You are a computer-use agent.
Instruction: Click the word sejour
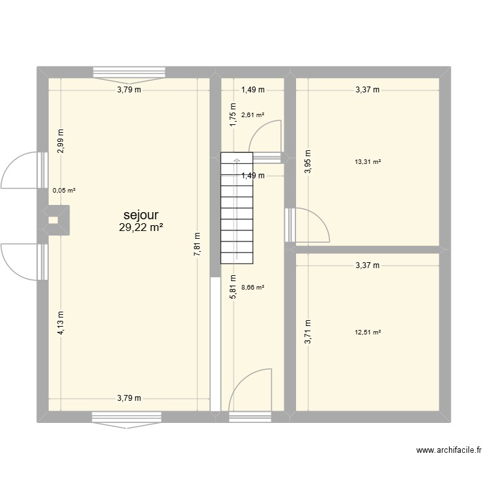coord(141,215)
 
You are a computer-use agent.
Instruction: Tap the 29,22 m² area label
coord(141,228)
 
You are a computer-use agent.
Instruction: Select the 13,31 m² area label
coord(368,162)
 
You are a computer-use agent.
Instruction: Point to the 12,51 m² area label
coord(368,332)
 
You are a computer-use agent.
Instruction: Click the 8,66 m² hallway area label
coord(252,286)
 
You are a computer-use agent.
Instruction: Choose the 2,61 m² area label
coord(252,115)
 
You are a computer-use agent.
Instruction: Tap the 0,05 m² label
coord(64,191)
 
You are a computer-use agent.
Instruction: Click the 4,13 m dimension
coord(61,322)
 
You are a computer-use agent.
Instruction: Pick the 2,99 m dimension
coord(61,141)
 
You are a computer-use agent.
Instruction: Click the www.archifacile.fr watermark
coord(450,450)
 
